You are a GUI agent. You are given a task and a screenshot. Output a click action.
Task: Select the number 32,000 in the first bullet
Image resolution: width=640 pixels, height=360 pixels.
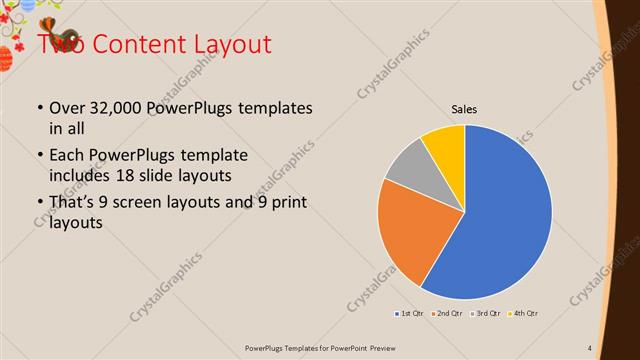115,108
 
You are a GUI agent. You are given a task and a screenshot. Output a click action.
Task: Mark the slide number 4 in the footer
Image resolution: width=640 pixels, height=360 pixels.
590,348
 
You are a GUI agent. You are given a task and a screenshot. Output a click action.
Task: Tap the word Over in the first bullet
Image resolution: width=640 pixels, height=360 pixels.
67,108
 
